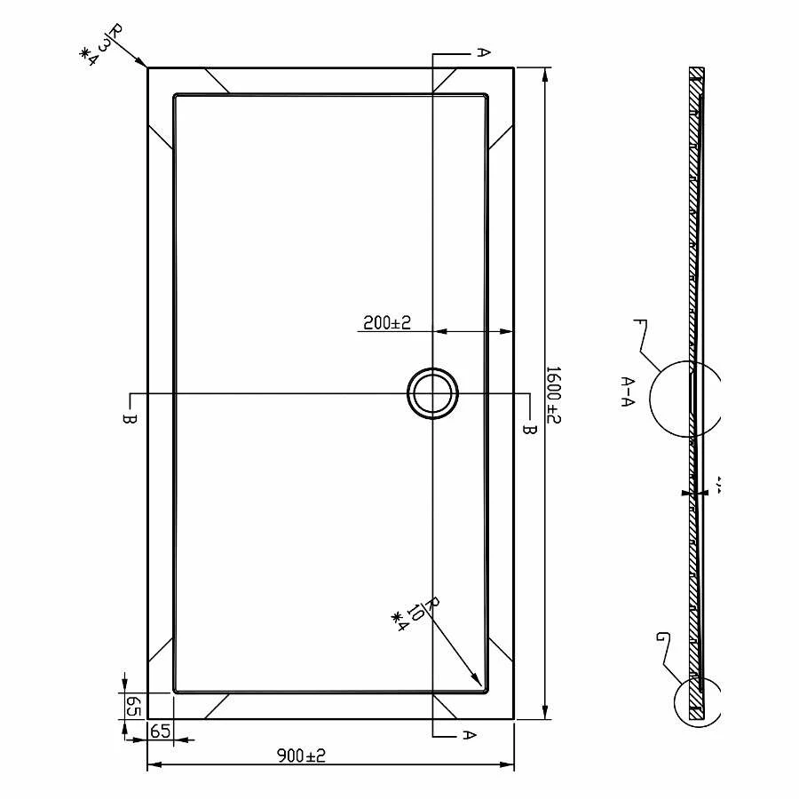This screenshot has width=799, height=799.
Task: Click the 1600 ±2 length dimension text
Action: point(553,393)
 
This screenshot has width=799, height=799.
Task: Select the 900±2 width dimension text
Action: point(301,755)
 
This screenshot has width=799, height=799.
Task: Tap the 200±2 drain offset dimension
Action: point(386,322)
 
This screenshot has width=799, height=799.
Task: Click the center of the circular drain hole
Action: point(432,393)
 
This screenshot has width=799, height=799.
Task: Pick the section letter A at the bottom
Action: point(471,735)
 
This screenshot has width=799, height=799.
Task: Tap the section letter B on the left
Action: point(129,417)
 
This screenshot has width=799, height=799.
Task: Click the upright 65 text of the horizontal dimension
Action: point(160,732)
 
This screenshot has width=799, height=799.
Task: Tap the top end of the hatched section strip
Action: point(697,71)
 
